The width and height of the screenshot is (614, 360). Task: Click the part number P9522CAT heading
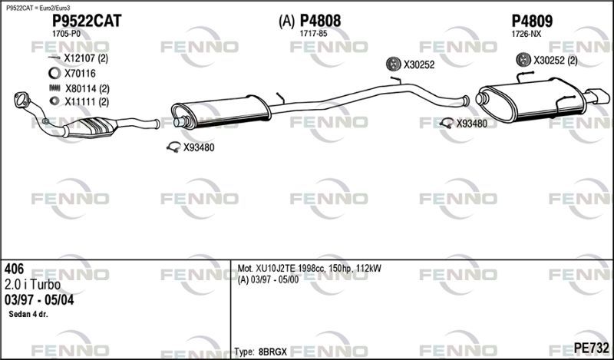coord(87,21)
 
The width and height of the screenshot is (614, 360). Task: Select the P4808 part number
coord(320,21)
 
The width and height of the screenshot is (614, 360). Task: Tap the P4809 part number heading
coord(532,21)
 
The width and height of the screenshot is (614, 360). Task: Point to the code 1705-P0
coord(66,34)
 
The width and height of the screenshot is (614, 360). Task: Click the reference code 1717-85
coord(313,34)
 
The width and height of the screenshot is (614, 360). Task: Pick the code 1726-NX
coord(527,34)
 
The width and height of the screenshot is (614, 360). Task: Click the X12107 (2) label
coord(86,58)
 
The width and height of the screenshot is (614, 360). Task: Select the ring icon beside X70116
coord(54,73)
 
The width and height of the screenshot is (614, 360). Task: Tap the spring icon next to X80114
coord(54,88)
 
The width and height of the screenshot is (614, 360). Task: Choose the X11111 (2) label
coord(87,102)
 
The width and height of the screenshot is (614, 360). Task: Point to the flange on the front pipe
coord(21,99)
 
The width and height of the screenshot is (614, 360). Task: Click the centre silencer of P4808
coord(221,111)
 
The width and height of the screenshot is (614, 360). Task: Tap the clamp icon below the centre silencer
coord(173,147)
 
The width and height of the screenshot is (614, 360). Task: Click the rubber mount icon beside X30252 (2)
coord(523,60)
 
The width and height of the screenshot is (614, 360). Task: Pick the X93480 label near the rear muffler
coord(472,124)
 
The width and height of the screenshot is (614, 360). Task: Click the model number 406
coord(14,269)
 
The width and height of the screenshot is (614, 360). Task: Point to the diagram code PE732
coord(591,348)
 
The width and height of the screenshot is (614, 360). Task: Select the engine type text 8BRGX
coord(272,352)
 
